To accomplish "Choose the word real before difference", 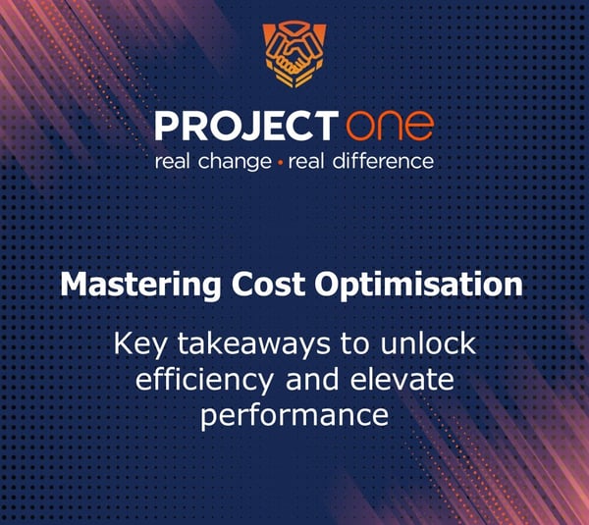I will point(306,160).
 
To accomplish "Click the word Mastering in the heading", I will point(128,286).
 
